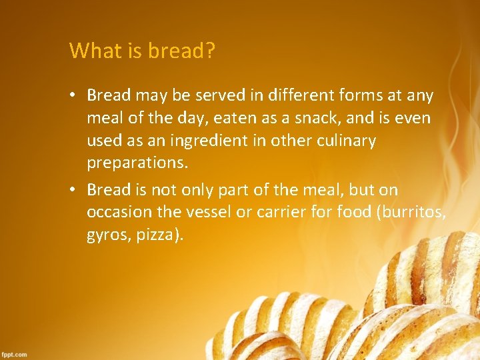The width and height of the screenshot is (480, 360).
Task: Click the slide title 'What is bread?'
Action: click(142, 51)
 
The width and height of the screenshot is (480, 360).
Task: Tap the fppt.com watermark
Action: click(14, 354)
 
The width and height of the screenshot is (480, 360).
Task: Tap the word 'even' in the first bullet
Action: click(413, 119)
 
